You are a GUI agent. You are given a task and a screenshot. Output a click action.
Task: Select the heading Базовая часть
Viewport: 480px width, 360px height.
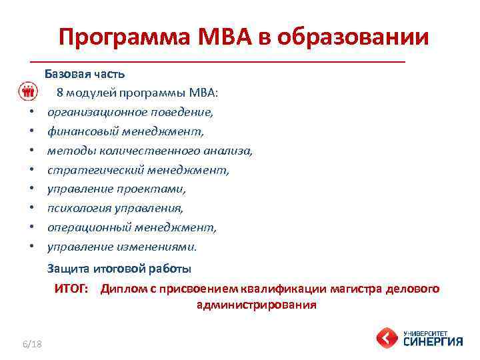pos(84,73)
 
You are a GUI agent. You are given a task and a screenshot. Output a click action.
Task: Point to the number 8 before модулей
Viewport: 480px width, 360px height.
pos(60,92)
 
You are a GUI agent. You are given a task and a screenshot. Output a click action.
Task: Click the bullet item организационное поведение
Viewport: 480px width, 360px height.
pos(130,111)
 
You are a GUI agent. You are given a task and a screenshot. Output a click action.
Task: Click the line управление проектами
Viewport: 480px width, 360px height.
pos(117,189)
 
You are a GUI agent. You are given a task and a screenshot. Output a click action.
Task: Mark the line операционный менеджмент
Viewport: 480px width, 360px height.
pos(132,227)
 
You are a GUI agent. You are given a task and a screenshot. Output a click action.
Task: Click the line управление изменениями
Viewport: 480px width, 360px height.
pos(122,247)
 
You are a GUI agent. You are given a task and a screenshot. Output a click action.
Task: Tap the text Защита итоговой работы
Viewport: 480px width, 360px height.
pos(119,269)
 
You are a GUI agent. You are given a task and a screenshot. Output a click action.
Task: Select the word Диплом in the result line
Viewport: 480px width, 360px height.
pos(121,289)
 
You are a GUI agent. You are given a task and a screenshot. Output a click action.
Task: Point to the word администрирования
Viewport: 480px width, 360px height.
pos(257,305)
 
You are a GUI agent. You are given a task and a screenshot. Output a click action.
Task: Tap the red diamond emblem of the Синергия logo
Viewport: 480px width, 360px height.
pos(387,337)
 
